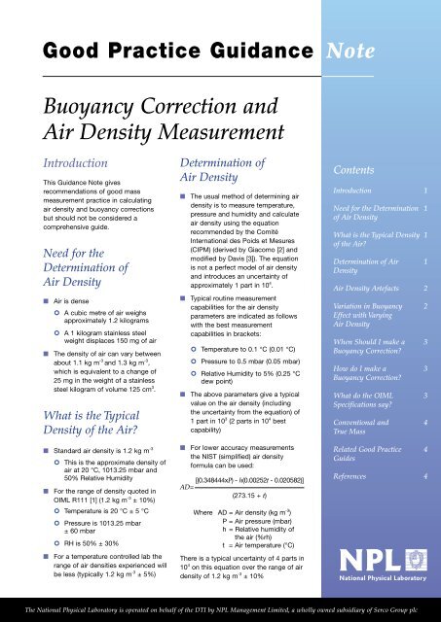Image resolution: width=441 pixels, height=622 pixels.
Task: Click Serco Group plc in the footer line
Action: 408,614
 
